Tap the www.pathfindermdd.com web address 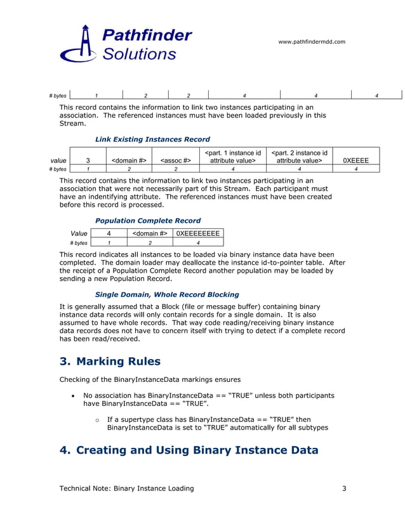[x=312, y=42]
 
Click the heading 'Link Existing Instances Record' [x=152, y=139]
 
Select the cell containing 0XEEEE [x=355, y=161]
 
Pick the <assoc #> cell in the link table [x=176, y=161]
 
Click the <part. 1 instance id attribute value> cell [x=234, y=157]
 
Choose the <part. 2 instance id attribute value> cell [x=300, y=157]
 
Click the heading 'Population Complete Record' [x=148, y=221]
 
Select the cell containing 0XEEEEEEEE [x=198, y=233]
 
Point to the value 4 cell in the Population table [x=109, y=233]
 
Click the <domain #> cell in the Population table [x=150, y=233]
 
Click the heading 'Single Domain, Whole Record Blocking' [x=167, y=294]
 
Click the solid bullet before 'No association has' [x=74, y=396]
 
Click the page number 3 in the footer [x=343, y=488]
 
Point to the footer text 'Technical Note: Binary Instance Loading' [x=126, y=488]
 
